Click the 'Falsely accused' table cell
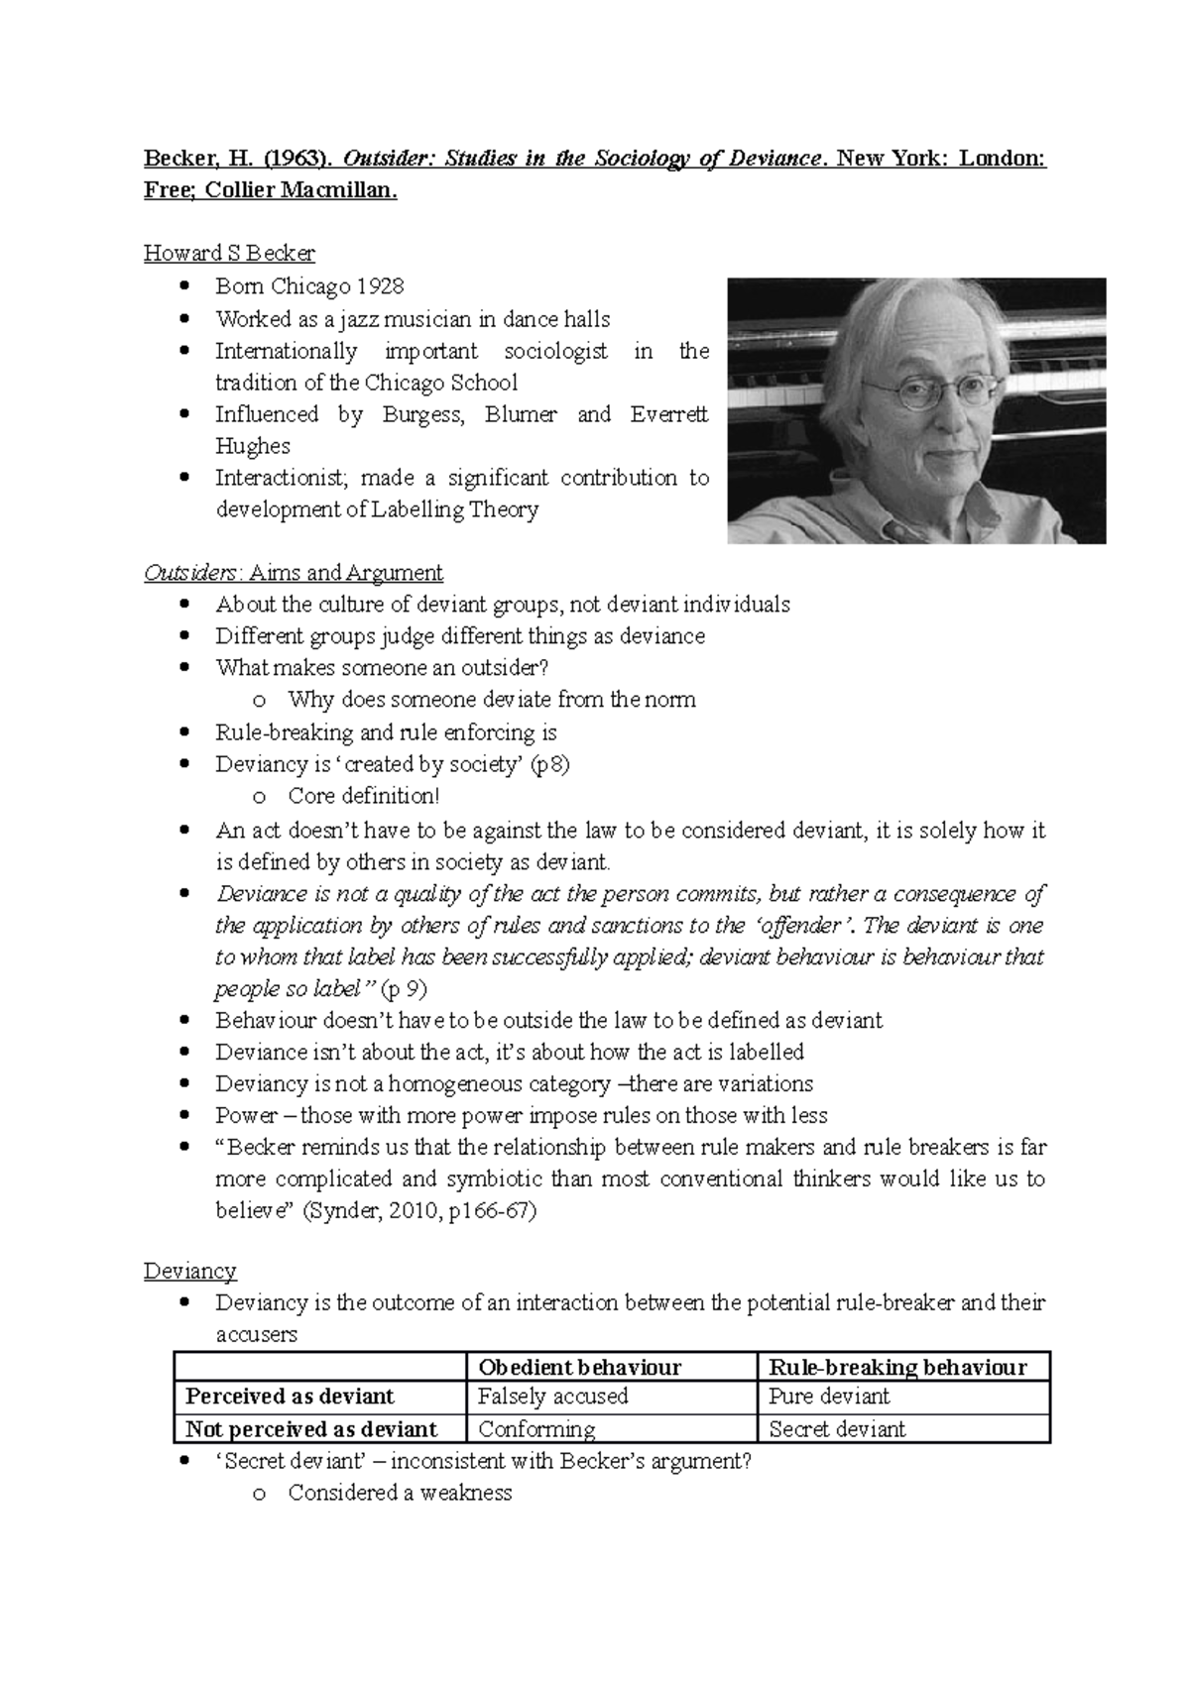553,1397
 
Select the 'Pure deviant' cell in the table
829,1397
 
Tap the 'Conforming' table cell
536,1429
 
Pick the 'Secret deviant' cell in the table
837,1429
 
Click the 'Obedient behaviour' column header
579,1368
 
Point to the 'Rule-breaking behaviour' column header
897,1368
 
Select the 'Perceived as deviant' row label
290,1397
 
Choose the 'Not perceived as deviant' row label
311,1429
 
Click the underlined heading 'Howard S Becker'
229,253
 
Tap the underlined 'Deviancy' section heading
189,1271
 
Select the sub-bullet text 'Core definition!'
363,796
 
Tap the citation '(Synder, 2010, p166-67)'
418,1211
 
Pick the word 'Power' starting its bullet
247,1116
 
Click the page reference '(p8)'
549,764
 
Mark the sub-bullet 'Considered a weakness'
400,1493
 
